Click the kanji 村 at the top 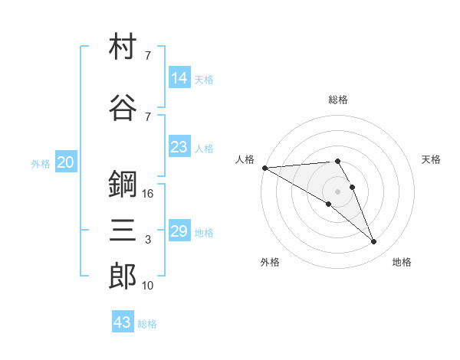click(123, 46)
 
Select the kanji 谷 click(123, 107)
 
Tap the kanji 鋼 click(123, 184)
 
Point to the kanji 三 click(123, 230)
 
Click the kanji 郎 click(123, 276)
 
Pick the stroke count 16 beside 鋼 click(147, 194)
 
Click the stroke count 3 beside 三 click(148, 240)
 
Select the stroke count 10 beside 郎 click(147, 285)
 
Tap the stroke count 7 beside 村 click(148, 55)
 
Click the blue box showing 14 click(179, 77)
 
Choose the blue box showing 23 click(179, 146)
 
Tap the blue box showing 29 click(179, 230)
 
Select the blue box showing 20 click(66, 162)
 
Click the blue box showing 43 click(123, 321)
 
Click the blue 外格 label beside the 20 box click(41, 164)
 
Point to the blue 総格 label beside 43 click(147, 324)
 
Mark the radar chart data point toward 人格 click(265, 168)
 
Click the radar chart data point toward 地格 click(374, 242)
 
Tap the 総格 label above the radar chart click(338, 100)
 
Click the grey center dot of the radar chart click(337, 191)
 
